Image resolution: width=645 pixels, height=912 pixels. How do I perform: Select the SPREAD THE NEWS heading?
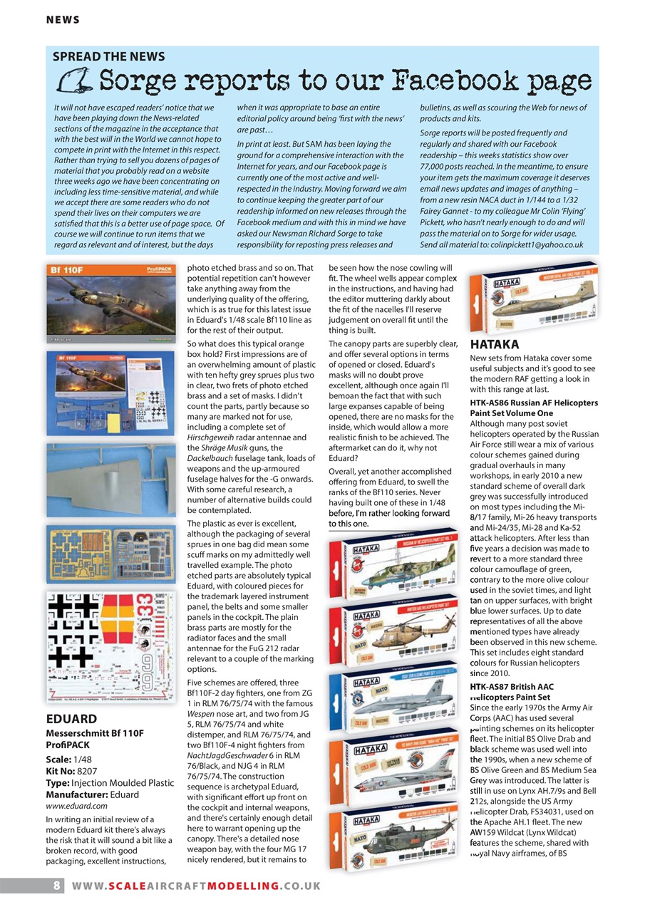click(x=109, y=56)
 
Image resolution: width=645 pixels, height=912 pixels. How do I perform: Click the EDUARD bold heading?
click(x=71, y=719)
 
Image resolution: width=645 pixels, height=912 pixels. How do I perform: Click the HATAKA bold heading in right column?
click(x=495, y=344)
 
